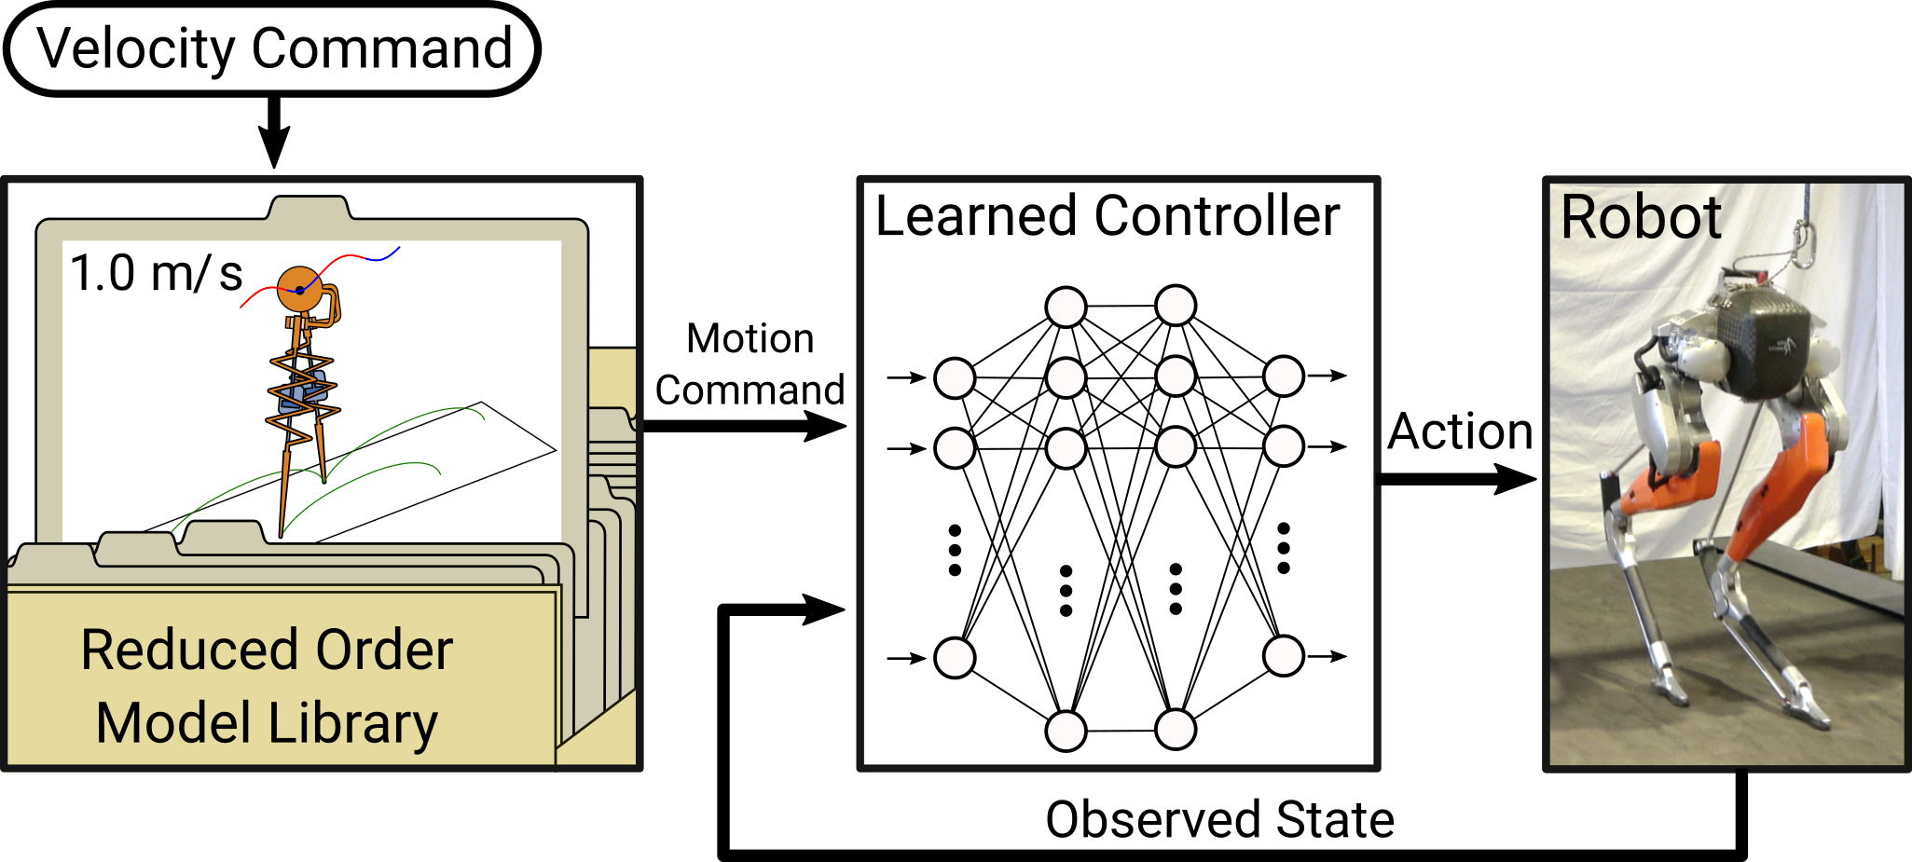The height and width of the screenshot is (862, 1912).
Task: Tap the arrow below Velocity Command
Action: coord(274,131)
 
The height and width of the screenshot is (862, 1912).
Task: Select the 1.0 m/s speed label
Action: coord(157,274)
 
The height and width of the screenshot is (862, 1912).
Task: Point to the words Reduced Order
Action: coord(267,650)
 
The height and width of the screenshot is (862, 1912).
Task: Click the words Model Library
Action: coord(267,724)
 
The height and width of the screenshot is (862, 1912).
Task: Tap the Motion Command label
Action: coord(750,364)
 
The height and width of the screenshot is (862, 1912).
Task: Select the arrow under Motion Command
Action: coord(745,426)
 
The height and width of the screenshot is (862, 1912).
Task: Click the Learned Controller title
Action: coord(1107,216)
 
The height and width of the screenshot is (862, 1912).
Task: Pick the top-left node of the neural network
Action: coord(1066,307)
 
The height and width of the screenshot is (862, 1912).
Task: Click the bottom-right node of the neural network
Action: coord(1176,730)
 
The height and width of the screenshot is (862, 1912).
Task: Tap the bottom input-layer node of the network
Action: coord(955,658)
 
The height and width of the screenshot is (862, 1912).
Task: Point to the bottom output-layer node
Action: coord(1284,656)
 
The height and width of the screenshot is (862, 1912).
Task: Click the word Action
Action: coord(1460,431)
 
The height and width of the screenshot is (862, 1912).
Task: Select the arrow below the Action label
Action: coord(1458,479)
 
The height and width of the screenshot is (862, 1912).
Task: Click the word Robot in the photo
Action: coord(1641,217)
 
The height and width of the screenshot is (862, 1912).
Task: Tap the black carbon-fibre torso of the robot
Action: coord(1767,344)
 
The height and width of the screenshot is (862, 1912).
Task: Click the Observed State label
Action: coord(1219,820)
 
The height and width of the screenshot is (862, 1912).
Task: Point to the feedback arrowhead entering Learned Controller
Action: coord(824,610)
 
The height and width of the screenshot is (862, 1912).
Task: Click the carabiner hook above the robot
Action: coord(1804,243)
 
